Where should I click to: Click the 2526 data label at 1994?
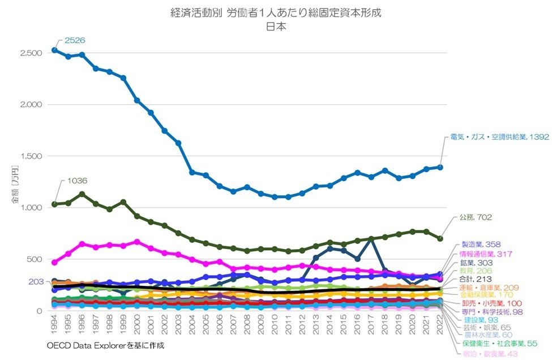(74, 41)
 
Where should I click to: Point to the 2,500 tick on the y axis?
(31, 53)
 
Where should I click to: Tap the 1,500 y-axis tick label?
(31, 156)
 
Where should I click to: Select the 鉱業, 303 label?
(477, 263)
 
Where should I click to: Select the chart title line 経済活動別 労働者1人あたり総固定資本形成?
(276, 14)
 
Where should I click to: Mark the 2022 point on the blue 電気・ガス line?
(440, 167)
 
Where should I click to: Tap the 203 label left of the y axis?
(36, 281)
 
